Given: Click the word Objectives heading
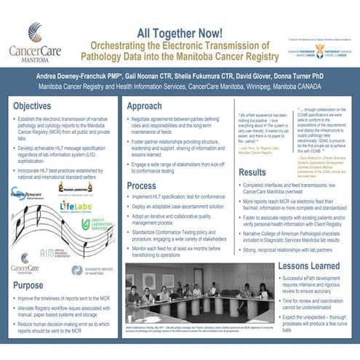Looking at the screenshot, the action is pos(31,106).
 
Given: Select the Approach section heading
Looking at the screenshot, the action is pos(144,106).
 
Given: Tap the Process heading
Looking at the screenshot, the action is pos(142,186).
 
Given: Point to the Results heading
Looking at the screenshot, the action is pos(252,173).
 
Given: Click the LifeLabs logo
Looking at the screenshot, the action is pos(76,207).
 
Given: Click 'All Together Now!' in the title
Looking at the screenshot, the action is pos(179,32).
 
